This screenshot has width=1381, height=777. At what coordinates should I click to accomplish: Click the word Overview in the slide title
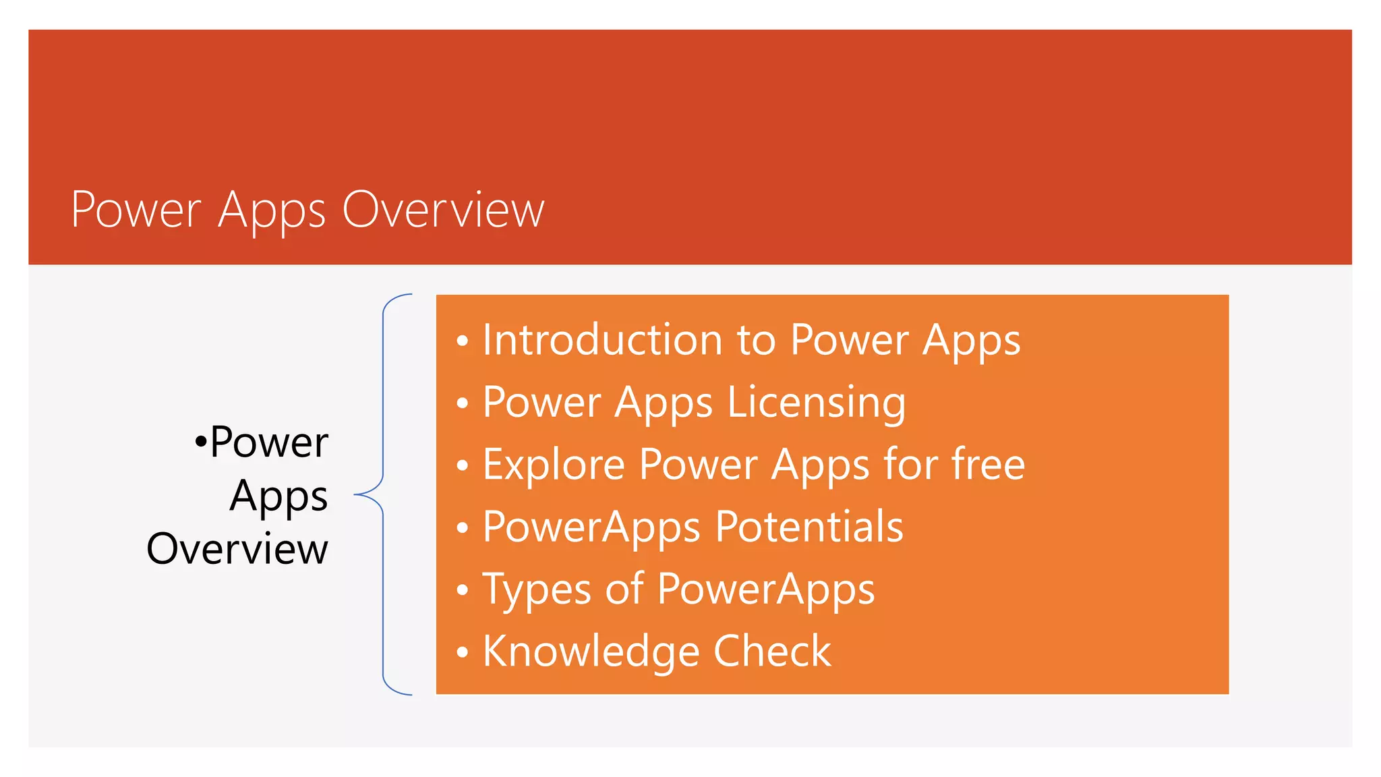[443, 210]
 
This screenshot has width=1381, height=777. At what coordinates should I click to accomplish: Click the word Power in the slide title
[136, 210]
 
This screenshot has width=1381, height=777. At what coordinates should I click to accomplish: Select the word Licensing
[816, 403]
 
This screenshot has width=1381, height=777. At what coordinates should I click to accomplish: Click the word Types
[536, 590]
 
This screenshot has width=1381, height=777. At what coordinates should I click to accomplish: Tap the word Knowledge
[591, 652]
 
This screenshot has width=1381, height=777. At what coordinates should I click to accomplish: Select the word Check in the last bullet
[772, 651]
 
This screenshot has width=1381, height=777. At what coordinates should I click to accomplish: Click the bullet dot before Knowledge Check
[462, 652]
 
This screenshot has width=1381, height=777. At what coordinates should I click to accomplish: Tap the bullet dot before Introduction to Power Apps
[462, 341]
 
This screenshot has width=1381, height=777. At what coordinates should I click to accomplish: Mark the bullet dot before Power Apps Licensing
[462, 403]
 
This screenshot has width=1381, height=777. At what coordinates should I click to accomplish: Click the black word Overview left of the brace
[237, 548]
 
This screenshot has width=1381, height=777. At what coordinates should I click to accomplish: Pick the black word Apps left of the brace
[278, 497]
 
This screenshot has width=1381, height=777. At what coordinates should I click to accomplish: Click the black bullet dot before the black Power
[200, 442]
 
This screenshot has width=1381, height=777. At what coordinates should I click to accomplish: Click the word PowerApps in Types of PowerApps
[765, 590]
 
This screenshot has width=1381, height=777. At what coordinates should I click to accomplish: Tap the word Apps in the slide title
[272, 211]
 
